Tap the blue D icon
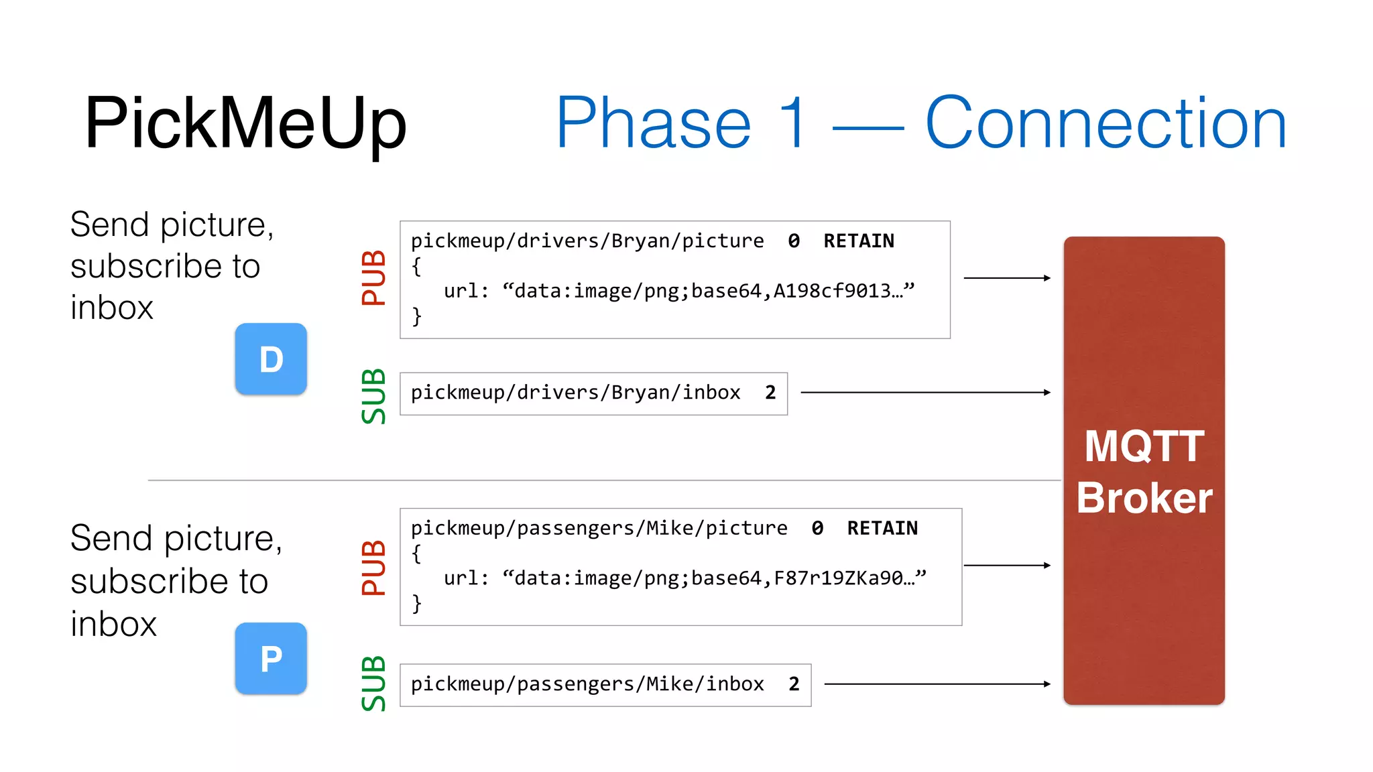tap(271, 359)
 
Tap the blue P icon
tap(271, 659)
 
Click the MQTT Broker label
tap(1144, 472)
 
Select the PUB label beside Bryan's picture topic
tap(373, 278)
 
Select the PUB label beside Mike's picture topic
tap(373, 568)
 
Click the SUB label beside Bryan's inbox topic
tap(373, 396)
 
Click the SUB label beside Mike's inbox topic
tap(373, 684)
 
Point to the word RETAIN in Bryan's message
tap(858, 241)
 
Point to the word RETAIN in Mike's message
tap(882, 529)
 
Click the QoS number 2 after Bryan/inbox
tap(770, 393)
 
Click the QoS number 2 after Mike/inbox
tap(794, 684)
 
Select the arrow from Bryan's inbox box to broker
tap(925, 393)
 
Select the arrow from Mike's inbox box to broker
tap(937, 684)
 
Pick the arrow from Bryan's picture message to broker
tap(1007, 278)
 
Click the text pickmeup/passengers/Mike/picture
tap(599, 529)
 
